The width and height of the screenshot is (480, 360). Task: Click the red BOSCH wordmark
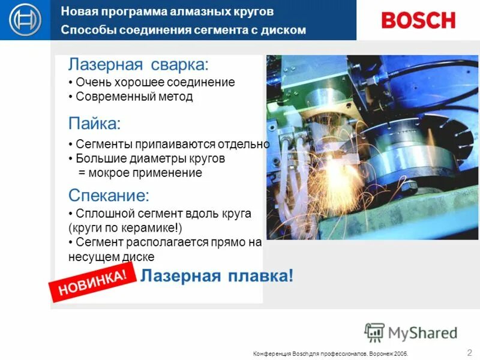point(418,20)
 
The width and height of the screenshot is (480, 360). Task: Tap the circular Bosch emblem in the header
point(25,20)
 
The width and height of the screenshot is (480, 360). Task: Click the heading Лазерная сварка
point(138,64)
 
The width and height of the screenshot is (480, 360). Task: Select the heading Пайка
point(94,124)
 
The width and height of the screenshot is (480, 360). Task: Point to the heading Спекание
point(109,195)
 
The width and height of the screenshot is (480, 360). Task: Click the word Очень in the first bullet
point(91,82)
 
